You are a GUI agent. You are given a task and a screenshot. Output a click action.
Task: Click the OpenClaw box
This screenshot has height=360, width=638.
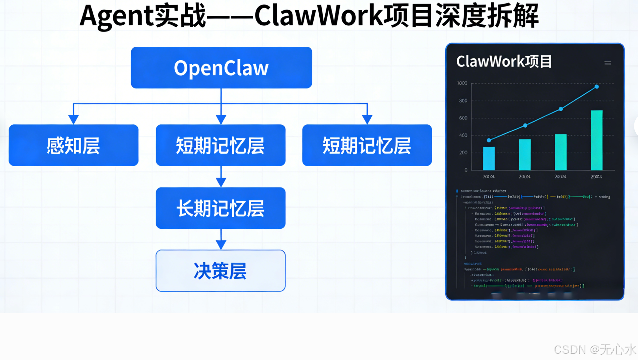coord(221,68)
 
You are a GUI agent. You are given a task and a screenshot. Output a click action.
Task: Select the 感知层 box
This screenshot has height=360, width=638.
coord(73,145)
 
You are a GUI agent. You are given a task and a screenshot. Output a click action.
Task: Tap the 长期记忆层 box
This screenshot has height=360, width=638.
coord(220,208)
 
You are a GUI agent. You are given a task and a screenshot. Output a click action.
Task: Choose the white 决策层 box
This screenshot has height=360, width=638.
coord(220,270)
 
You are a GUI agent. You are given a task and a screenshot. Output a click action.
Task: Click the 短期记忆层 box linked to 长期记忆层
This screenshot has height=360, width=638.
coord(220,145)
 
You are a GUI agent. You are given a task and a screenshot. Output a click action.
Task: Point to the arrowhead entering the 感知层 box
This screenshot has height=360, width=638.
coord(73,119)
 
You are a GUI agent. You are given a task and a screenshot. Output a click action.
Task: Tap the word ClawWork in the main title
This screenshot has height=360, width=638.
coord(319,16)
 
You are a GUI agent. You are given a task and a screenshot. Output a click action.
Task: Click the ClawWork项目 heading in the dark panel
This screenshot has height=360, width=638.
coord(504,62)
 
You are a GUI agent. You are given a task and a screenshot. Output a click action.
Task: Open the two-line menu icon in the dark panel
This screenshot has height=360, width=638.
coord(607,63)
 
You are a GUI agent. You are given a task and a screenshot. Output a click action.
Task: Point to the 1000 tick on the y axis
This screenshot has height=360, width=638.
coord(462,83)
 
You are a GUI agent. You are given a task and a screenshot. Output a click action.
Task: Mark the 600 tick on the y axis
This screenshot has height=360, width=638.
coord(463,118)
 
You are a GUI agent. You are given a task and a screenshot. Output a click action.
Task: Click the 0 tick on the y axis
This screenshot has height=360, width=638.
coord(466,170)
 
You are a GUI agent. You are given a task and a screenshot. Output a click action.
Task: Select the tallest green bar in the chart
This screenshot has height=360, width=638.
coord(597,141)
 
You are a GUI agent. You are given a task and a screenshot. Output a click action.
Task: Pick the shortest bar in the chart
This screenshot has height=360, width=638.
coord(489,159)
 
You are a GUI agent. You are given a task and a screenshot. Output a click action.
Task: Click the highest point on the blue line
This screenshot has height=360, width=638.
coord(597,87)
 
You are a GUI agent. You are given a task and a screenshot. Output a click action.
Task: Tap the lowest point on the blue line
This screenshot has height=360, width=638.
coord(489,140)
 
